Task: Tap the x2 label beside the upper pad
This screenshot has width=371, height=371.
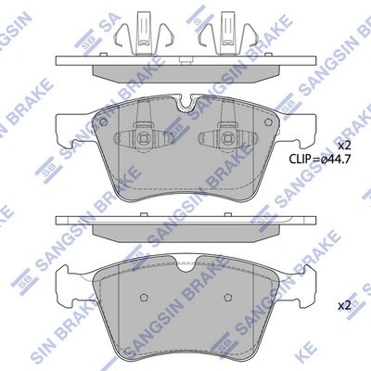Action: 342,147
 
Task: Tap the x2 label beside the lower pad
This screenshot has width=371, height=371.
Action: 342,305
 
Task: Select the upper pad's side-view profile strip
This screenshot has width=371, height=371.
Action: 186,64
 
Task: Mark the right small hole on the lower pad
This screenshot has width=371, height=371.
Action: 226,297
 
